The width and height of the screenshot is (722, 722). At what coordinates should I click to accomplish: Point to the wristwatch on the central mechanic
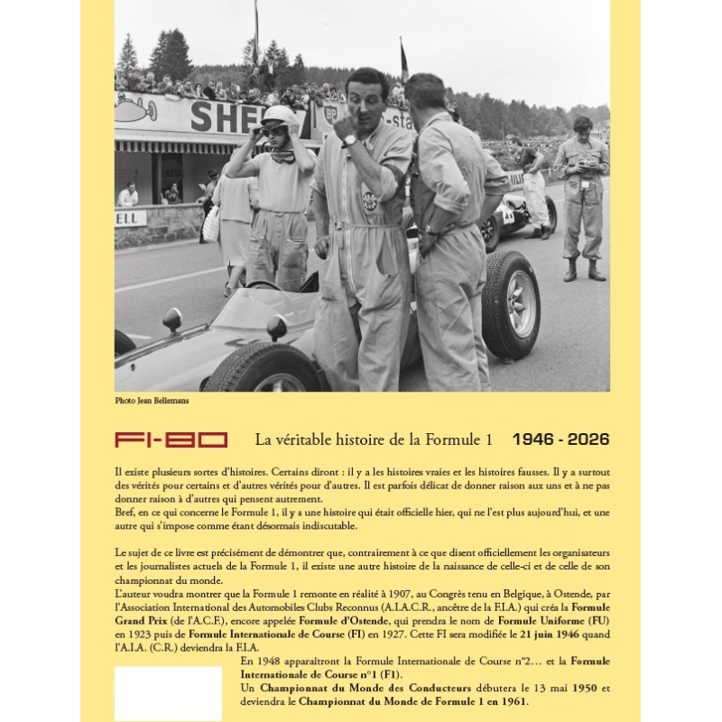click(348, 140)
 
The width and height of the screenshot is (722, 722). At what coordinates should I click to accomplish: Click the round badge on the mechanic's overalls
click(368, 200)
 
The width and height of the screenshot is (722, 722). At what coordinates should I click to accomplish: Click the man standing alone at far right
click(581, 199)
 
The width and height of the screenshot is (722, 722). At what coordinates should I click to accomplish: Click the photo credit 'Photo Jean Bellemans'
click(152, 400)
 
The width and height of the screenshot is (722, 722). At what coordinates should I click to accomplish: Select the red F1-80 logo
click(171, 440)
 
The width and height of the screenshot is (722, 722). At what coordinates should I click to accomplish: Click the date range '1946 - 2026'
click(560, 440)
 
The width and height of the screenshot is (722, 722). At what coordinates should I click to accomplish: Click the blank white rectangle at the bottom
click(168, 692)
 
